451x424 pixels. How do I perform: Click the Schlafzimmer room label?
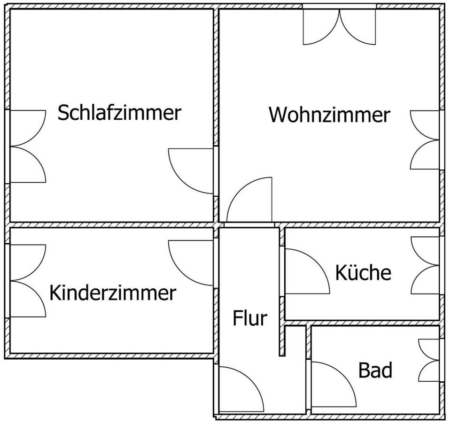click(x=119, y=113)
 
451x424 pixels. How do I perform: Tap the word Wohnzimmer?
click(x=329, y=115)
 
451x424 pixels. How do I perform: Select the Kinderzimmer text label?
click(x=112, y=293)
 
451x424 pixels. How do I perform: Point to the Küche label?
click(x=363, y=272)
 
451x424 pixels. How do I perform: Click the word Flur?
click(x=250, y=318)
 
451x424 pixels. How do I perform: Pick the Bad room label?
click(x=375, y=370)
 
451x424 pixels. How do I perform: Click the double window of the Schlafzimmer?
click(x=27, y=146)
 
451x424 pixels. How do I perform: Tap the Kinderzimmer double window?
click(x=27, y=280)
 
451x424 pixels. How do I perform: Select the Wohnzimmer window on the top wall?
click(x=339, y=26)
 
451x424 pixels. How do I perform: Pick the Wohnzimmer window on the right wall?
click(x=426, y=140)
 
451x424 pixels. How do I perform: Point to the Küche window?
click(x=426, y=265)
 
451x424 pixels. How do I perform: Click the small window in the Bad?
click(x=429, y=360)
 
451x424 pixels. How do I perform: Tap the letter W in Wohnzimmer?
click(x=277, y=115)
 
